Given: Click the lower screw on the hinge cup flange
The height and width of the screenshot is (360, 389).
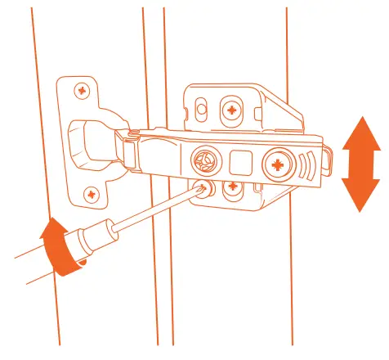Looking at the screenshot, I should point(90,194).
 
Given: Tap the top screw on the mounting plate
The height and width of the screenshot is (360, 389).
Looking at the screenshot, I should point(233,108).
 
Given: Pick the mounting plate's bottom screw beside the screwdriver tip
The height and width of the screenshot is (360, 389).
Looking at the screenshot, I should point(232,186).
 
